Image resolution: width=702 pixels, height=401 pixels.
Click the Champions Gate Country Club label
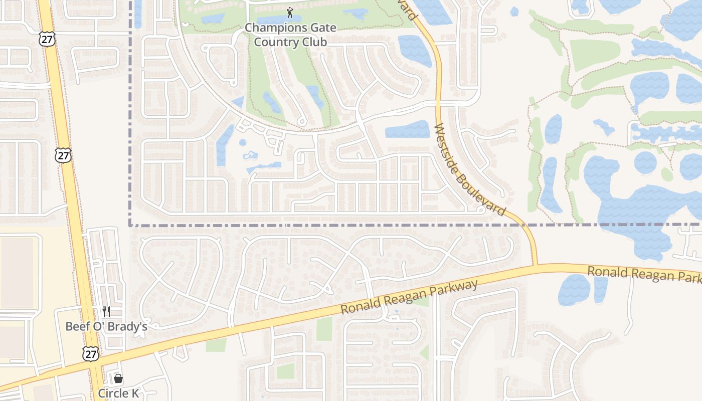click(x=290, y=35)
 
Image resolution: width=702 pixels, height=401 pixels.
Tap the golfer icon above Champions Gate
click(x=290, y=12)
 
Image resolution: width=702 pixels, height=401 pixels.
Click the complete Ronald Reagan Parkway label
click(x=409, y=297)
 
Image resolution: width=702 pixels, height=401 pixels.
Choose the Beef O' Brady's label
click(x=106, y=327)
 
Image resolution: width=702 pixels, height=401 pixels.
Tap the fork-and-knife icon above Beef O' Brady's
click(x=106, y=312)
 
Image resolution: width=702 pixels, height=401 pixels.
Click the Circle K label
click(x=118, y=393)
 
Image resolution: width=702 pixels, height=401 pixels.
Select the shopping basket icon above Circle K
click(x=118, y=378)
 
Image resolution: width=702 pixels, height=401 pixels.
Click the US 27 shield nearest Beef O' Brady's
click(x=91, y=354)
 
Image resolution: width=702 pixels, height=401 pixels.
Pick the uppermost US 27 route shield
click(x=47, y=40)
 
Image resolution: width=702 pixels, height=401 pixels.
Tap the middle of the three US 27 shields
click(x=63, y=155)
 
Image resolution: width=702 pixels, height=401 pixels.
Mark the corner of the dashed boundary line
click(x=130, y=225)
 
